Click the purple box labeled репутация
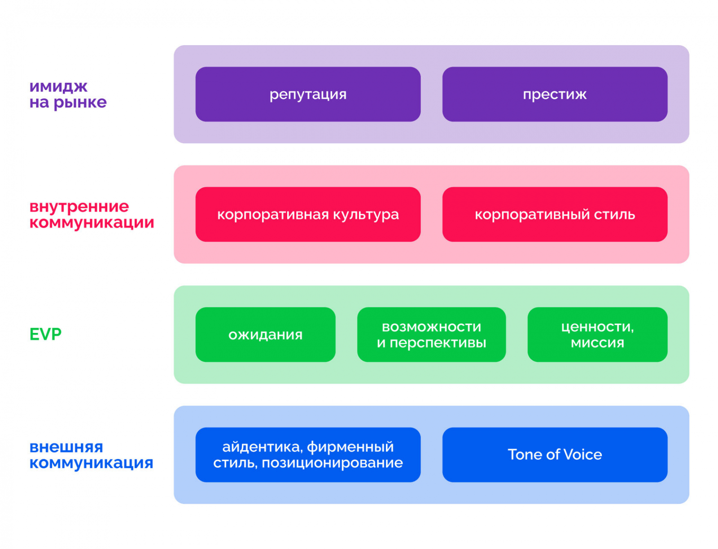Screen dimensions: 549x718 click(308, 94)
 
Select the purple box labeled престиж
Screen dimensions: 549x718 click(555, 94)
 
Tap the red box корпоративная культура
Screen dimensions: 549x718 click(308, 214)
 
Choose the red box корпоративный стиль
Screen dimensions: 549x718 click(555, 214)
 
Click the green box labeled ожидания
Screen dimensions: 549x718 click(265, 334)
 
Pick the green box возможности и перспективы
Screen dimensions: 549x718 click(431, 334)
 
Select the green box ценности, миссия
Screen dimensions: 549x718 click(597, 334)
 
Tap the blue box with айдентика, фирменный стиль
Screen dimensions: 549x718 click(308, 454)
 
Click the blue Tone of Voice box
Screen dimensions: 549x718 click(555, 454)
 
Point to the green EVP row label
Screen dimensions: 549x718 click(45, 334)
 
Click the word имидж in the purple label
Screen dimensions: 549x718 click(58, 86)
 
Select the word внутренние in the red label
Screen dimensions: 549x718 click(79, 207)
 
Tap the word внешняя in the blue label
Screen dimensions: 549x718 click(66, 447)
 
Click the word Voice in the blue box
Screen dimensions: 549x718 click(582, 454)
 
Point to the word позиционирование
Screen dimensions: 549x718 click(332, 463)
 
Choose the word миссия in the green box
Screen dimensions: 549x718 click(597, 343)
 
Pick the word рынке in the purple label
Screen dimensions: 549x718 click(80, 103)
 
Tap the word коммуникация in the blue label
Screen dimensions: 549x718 click(91, 463)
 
